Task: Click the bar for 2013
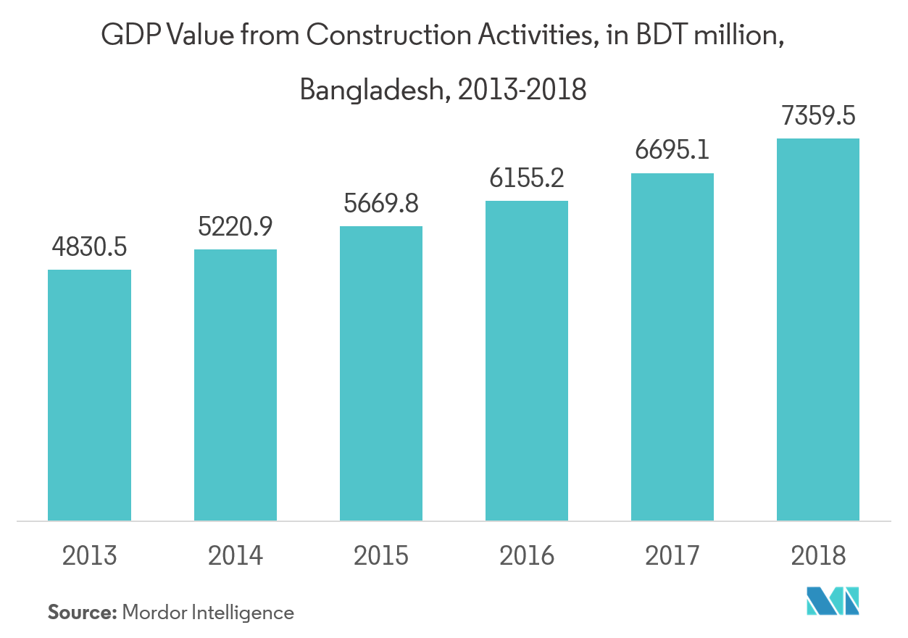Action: [89, 395]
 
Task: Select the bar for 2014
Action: [235, 385]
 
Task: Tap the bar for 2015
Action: [381, 373]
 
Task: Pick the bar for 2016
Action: [527, 360]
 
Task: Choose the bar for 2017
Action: [672, 347]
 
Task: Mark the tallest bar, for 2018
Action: [818, 329]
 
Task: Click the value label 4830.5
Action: [89, 247]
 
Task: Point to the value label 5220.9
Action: [235, 227]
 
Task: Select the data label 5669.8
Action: [381, 204]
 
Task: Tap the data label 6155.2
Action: [527, 178]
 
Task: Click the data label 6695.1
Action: [672, 151]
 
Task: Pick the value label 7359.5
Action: [818, 116]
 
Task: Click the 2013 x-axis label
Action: [89, 556]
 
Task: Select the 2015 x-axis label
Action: [381, 556]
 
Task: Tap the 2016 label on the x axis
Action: [527, 556]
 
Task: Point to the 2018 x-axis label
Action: [818, 556]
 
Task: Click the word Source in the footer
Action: [82, 613]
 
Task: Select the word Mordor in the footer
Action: [154, 613]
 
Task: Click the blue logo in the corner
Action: [833, 600]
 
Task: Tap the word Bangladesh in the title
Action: [370, 91]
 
